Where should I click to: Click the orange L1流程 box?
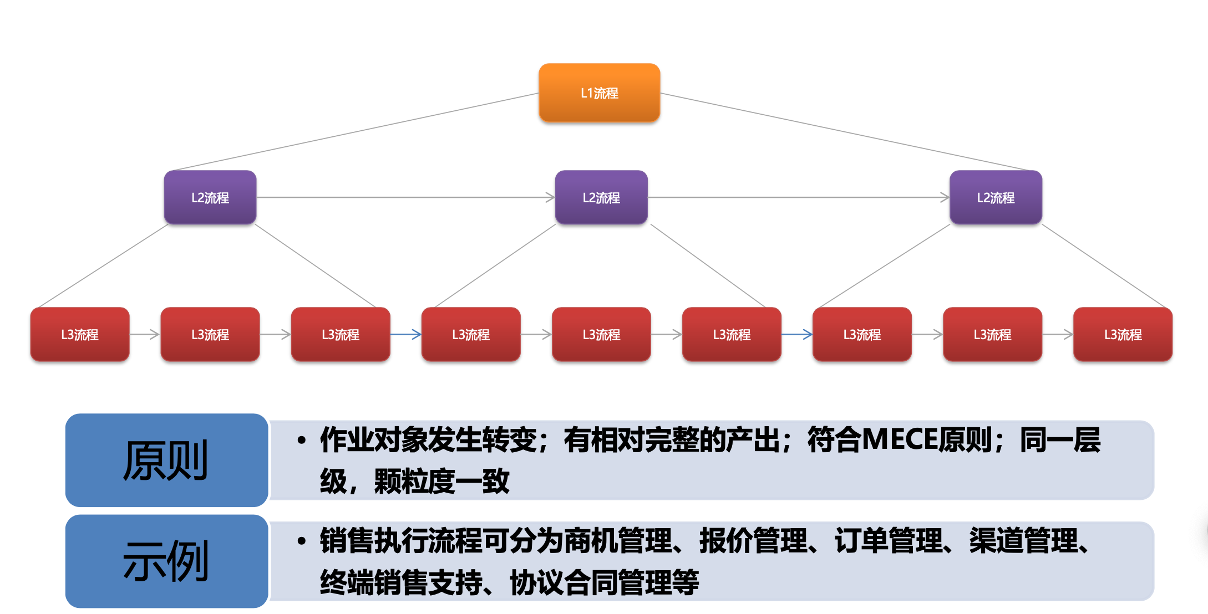coord(599,93)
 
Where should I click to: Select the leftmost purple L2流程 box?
coord(210,197)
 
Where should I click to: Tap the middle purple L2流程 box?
coord(601,197)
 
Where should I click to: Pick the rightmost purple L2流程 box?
coord(996,197)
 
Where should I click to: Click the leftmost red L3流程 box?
coord(80,334)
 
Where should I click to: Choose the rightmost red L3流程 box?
coord(1123,334)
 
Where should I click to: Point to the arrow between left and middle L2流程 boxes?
coord(405,197)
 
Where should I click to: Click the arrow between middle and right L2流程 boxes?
coord(799,197)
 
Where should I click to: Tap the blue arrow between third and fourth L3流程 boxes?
coord(406,334)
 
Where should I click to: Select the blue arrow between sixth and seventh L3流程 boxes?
coord(797,334)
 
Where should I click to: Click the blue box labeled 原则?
coord(166,460)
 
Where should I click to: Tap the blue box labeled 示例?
coord(166,561)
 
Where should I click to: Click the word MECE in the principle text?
coord(899,440)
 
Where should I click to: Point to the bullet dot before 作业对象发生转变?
coord(301,441)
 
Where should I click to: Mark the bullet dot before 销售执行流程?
coord(301,541)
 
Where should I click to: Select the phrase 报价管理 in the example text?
coord(752,541)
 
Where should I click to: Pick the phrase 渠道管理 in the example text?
coord(1023,541)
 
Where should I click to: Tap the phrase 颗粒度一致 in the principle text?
coord(441,481)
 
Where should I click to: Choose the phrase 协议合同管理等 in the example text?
coord(604,582)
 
